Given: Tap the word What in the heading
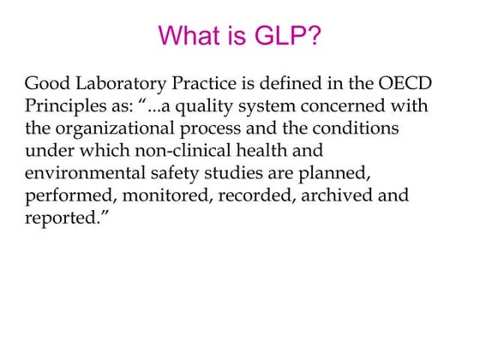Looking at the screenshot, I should click(193, 35).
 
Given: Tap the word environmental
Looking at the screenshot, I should click(81, 173).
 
